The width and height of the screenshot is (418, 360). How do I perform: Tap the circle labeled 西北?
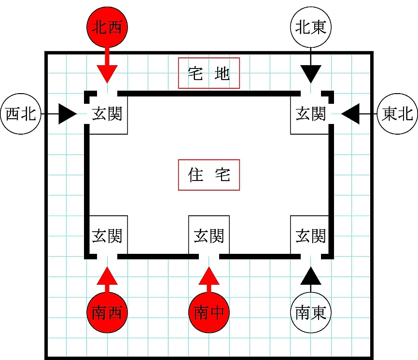20,114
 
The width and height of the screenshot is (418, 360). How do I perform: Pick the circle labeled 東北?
397,114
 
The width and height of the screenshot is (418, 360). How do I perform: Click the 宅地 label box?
209,74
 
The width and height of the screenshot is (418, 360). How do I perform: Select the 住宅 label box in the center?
209,175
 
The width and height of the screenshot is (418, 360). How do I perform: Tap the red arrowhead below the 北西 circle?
107,73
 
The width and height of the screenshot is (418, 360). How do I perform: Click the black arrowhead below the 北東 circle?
311,73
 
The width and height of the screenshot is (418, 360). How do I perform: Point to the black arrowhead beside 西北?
68,114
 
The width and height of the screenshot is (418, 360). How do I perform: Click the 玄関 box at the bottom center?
209,235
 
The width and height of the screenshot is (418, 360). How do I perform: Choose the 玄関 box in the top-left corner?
107,115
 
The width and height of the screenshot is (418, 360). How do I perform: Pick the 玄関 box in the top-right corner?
310,115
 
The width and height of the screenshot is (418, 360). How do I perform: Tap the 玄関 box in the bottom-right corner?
310,235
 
